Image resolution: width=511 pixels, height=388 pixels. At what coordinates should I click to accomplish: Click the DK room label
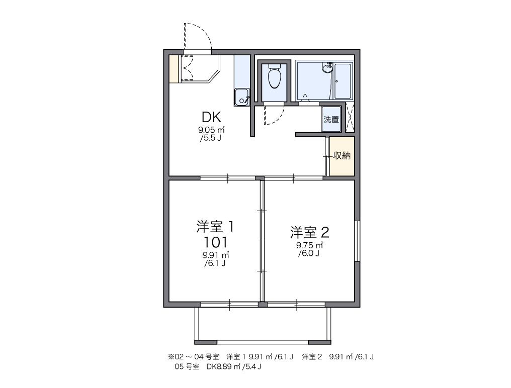click(x=212, y=117)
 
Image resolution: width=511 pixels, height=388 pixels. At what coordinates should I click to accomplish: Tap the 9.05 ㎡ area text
click(x=212, y=130)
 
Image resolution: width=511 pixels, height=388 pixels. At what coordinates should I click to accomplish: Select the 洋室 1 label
click(x=215, y=227)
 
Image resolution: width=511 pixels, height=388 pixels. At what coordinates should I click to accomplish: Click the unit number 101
click(x=215, y=242)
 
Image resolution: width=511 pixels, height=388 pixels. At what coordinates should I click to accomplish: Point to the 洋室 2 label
click(x=310, y=232)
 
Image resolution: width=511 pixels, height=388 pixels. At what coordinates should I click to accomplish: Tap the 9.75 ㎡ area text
click(x=309, y=245)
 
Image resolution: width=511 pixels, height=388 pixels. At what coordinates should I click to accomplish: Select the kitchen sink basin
click(x=241, y=97)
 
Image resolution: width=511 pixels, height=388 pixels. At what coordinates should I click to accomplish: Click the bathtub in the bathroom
click(x=343, y=81)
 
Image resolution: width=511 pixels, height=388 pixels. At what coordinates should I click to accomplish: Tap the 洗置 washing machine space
click(x=331, y=119)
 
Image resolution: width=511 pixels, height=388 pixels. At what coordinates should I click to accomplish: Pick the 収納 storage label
click(x=342, y=156)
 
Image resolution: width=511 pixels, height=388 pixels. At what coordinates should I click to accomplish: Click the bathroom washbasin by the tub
click(x=327, y=68)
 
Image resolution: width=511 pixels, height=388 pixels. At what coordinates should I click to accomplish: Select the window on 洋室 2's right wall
click(x=357, y=241)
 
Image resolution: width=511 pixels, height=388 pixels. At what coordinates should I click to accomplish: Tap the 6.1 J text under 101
click(x=215, y=263)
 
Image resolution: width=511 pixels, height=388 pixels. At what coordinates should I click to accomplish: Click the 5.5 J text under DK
click(x=211, y=138)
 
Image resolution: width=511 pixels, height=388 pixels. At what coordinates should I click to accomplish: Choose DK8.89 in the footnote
click(x=223, y=367)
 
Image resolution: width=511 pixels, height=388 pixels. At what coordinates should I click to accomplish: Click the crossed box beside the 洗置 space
click(x=350, y=117)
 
